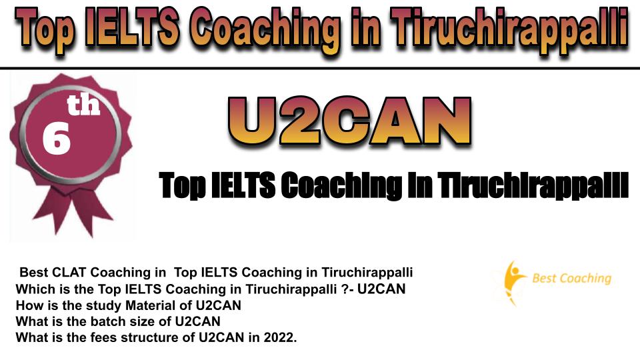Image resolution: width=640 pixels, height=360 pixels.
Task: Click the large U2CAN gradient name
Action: point(350,121)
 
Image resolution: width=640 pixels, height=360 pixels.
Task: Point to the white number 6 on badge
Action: point(56,139)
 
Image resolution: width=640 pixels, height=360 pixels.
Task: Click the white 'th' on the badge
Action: point(84,105)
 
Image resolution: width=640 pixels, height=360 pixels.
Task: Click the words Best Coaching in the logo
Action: point(572,279)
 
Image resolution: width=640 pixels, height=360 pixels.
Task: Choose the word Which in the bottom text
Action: point(33,289)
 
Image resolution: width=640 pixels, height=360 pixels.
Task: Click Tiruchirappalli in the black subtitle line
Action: point(533,186)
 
